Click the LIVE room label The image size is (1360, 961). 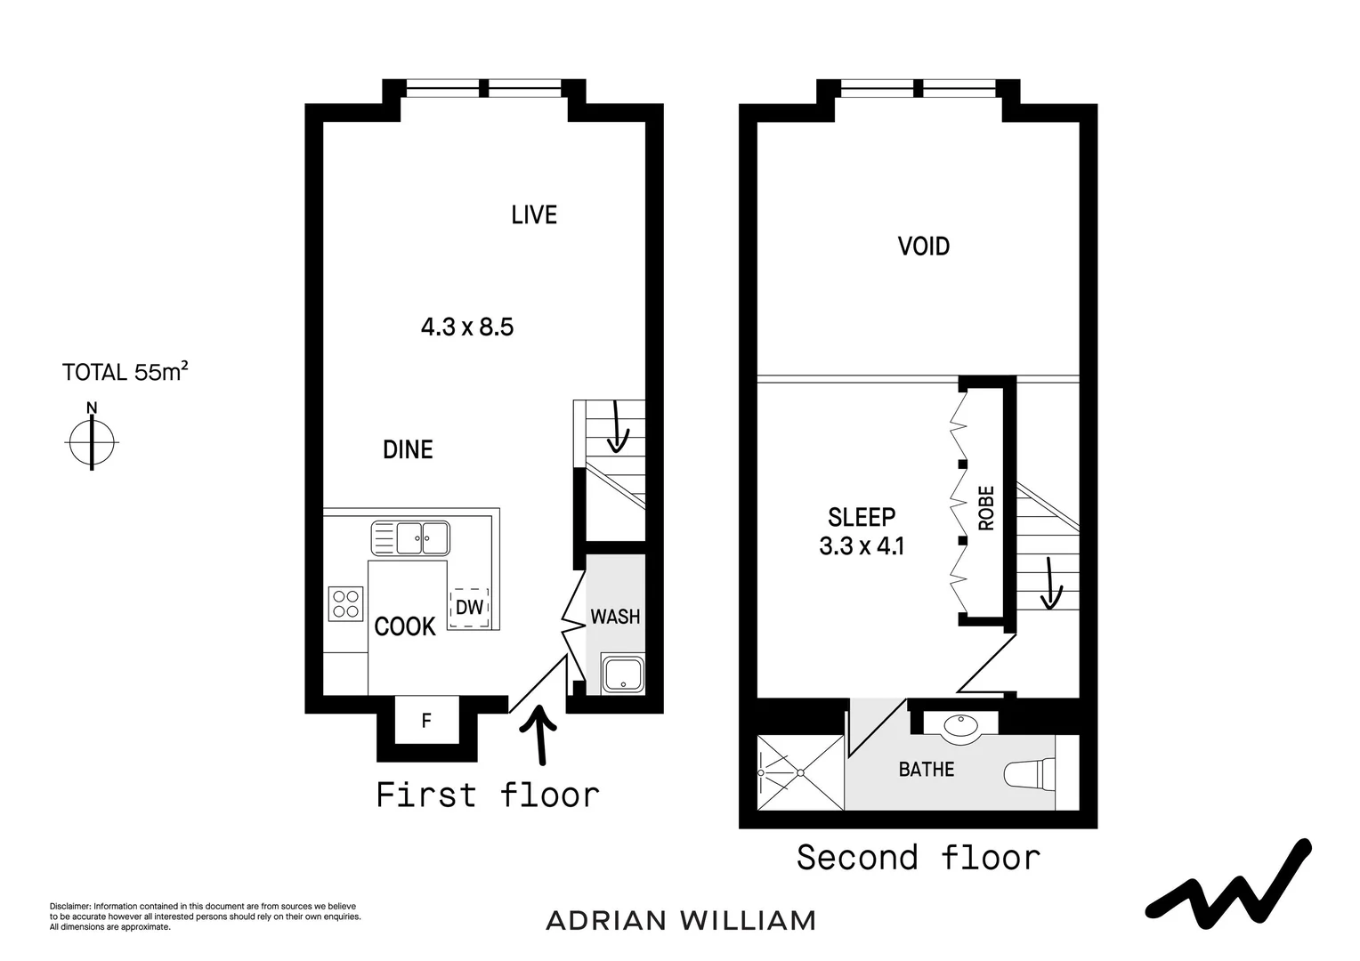(534, 214)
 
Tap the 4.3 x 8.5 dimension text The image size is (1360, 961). (466, 327)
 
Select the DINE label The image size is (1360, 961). (408, 449)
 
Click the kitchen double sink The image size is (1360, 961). (410, 537)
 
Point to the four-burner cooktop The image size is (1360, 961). (345, 603)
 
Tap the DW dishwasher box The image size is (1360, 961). (469, 608)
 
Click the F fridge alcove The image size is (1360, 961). (426, 721)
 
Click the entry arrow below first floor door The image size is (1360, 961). (538, 735)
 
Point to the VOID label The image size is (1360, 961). (923, 246)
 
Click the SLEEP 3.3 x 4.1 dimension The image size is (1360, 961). (862, 545)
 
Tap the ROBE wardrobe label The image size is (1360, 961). (986, 508)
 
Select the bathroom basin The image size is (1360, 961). (960, 726)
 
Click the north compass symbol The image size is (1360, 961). (92, 440)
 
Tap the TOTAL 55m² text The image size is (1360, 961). (125, 371)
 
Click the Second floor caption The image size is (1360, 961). (918, 858)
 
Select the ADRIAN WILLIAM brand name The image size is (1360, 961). (680, 920)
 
